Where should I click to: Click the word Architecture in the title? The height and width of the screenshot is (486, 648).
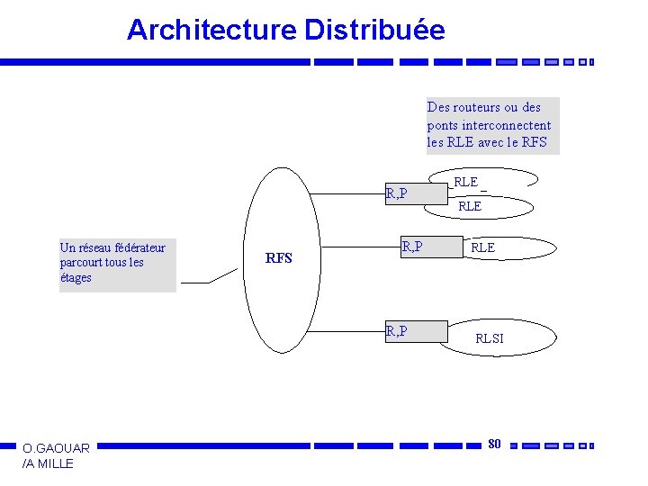coord(211,30)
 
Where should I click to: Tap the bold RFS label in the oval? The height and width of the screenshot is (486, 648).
coord(279,258)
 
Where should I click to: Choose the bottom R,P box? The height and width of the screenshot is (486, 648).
coord(415,332)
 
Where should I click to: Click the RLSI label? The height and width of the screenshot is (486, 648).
coord(490,339)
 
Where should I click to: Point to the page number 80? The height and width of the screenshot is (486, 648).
coord(494,443)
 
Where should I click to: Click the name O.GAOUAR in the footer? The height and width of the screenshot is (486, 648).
coord(56,448)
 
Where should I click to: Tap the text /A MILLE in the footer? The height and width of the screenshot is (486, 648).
coord(49,463)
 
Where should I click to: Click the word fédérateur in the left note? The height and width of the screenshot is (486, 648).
coord(136,247)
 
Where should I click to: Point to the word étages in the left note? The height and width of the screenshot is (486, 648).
coord(76,278)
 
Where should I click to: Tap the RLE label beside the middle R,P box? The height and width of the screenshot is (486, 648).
coord(482,247)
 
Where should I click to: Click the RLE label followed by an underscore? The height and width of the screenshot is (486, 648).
coord(466,182)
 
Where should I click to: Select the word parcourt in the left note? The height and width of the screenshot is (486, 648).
coord(81,263)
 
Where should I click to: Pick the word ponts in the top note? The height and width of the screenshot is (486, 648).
coord(443,125)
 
